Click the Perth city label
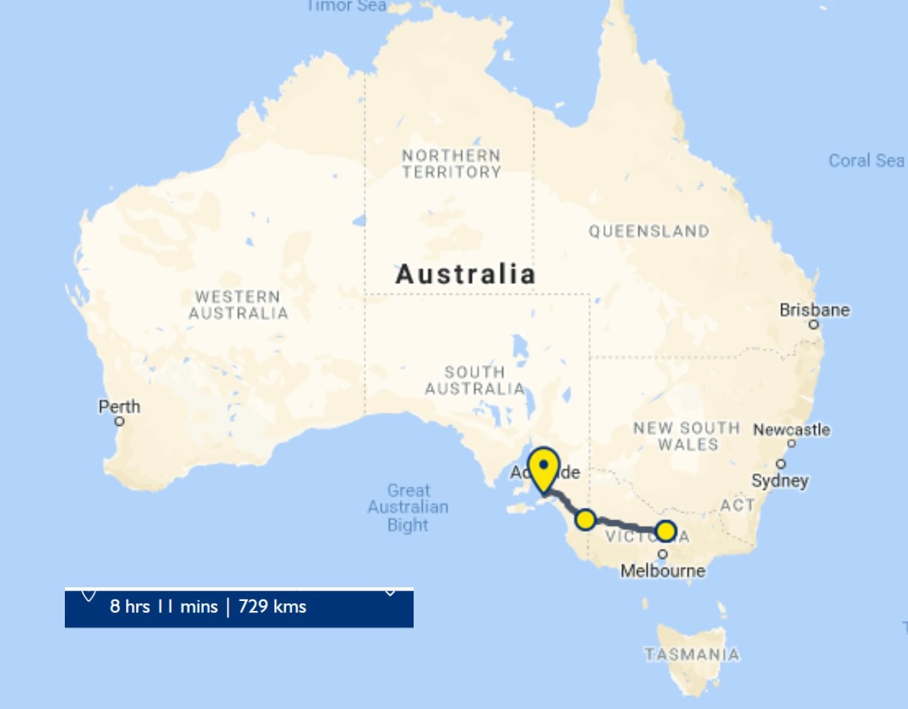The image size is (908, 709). click(120, 406)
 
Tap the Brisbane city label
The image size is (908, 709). click(814, 310)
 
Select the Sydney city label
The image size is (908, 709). click(780, 481)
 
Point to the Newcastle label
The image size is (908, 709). click(791, 429)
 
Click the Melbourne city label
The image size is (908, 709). click(663, 571)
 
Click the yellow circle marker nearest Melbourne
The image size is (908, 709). click(666, 532)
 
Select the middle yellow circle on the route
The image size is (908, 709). click(585, 520)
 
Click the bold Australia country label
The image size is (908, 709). click(466, 274)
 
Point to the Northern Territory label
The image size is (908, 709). click(451, 164)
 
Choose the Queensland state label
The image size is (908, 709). click(649, 231)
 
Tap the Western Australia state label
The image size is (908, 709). click(239, 305)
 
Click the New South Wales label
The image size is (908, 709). click(687, 436)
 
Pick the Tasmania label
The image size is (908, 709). click(692, 654)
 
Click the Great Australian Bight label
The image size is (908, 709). click(408, 507)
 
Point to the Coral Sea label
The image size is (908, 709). click(865, 161)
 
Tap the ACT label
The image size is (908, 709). click(737, 505)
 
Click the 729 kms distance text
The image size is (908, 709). click(272, 607)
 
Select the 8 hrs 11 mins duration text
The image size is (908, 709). click(164, 607)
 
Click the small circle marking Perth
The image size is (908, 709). click(120, 422)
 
